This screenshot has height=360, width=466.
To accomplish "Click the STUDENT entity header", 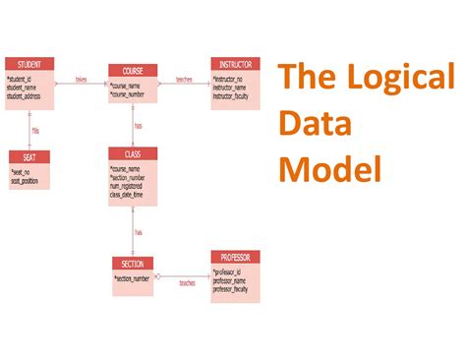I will point(29,65).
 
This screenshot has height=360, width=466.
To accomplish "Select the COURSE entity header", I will point(133,71).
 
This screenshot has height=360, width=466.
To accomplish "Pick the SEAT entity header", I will point(29,155).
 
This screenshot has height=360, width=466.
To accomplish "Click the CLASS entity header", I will point(133,153).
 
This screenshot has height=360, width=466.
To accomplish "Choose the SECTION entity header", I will point(133,264).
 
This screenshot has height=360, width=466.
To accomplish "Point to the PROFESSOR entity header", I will point(235,258).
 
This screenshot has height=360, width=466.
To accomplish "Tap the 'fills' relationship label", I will point(35,129).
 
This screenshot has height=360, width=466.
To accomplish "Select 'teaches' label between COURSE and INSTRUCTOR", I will point(184,80).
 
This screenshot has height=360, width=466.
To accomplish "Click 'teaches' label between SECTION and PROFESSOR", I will point(187,282).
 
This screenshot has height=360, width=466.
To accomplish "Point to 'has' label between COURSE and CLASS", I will point(139,126).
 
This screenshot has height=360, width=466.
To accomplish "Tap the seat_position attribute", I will point(29,180).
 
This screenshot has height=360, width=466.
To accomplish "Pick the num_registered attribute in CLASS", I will point(130,184).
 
